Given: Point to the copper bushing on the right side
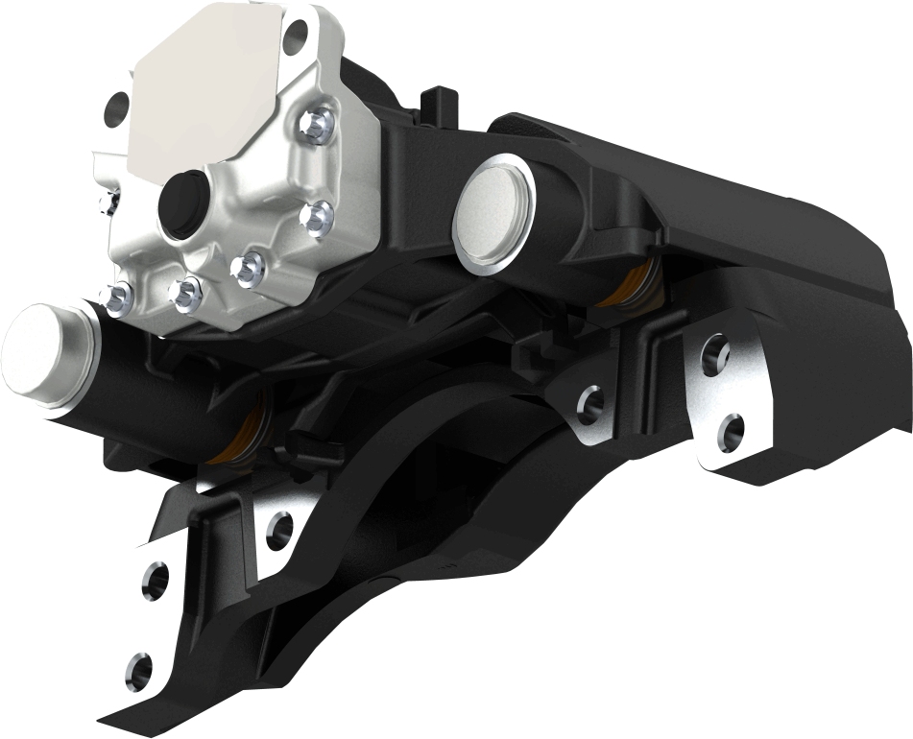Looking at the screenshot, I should [634, 288].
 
